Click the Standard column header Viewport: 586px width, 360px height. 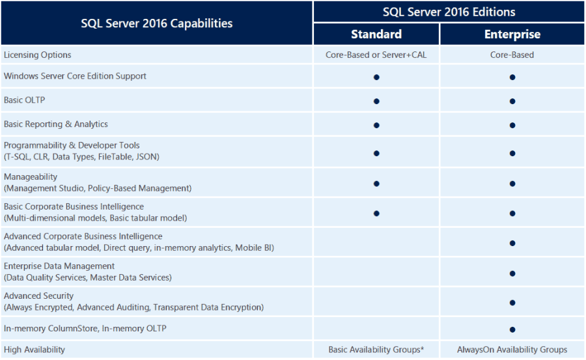click(x=376, y=35)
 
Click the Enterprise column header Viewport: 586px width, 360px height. click(x=512, y=35)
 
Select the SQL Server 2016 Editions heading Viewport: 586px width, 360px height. click(x=449, y=12)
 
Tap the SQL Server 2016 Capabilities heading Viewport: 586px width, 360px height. click(x=156, y=23)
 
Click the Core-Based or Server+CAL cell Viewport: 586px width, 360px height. click(x=376, y=55)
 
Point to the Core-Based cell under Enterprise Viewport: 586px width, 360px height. click(x=512, y=55)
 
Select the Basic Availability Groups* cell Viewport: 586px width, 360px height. click(x=376, y=350)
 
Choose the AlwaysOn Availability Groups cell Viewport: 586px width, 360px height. click(x=512, y=350)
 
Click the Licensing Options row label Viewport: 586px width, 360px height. click(x=38, y=55)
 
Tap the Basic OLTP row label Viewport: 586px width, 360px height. click(x=24, y=100)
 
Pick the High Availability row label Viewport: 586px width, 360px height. click(x=35, y=350)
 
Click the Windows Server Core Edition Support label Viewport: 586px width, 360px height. click(x=75, y=76)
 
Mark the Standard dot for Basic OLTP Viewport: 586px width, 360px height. click(x=376, y=101)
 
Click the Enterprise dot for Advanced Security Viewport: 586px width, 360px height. click(x=512, y=303)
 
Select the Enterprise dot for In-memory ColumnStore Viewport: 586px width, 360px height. click(x=512, y=329)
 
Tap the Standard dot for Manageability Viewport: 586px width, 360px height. click(x=376, y=184)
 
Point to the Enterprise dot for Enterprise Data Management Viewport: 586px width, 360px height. click(x=512, y=273)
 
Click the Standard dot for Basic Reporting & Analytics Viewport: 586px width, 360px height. click(x=376, y=125)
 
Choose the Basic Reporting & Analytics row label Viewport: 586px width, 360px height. click(x=56, y=124)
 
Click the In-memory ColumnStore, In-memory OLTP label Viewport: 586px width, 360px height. click(x=85, y=329)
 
